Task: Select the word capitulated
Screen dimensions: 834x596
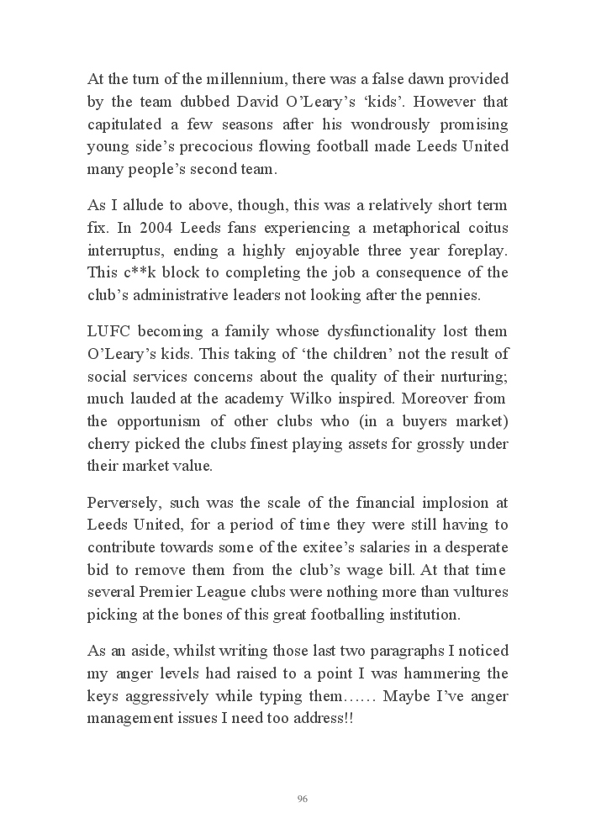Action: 127,124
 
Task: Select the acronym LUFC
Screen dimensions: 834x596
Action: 109,332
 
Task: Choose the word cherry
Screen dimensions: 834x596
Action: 108,442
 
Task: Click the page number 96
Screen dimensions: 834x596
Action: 303,799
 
